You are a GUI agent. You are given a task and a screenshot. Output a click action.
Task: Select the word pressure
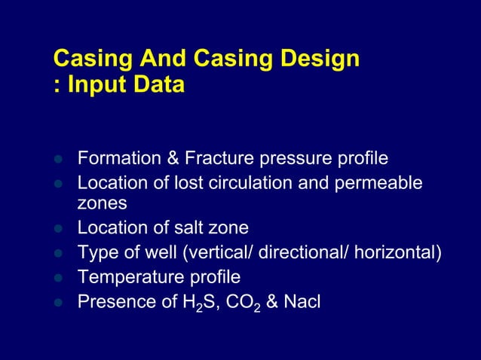(x=292, y=159)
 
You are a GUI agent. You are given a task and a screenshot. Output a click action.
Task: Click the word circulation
(x=254, y=183)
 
